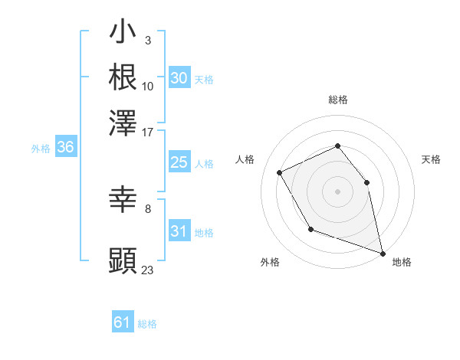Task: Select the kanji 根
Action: point(123,77)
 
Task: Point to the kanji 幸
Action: point(123,201)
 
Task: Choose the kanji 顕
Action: point(123,261)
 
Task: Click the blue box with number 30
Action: point(179,78)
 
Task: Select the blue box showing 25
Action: point(179,162)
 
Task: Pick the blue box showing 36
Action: point(65,148)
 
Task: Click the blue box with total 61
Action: point(123,322)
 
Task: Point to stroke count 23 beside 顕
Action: point(148,270)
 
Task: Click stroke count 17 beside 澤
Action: point(148,132)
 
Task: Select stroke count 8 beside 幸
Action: point(148,208)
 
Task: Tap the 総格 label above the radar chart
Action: point(337,100)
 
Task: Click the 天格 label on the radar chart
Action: point(431,159)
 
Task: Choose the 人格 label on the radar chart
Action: point(245,159)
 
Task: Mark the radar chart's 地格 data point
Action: point(383,253)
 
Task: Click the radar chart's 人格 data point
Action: point(280,172)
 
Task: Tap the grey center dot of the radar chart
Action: point(337,191)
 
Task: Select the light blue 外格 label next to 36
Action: point(40,149)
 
